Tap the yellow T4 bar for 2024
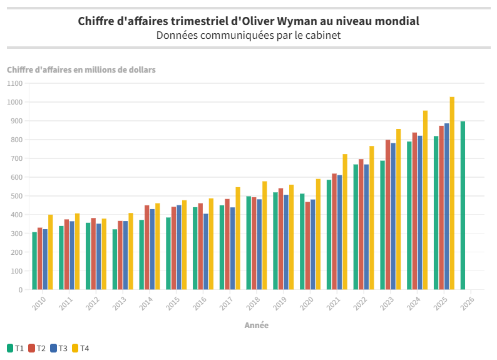coord(425,200)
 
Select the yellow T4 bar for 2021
coord(345,222)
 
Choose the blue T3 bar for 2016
coord(206,251)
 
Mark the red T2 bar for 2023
coord(388,214)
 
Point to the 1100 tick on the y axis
coord(14,83)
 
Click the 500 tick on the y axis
coord(16,196)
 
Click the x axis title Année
coord(257,326)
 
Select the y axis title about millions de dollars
coord(81,69)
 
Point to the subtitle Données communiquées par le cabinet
coord(248,35)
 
